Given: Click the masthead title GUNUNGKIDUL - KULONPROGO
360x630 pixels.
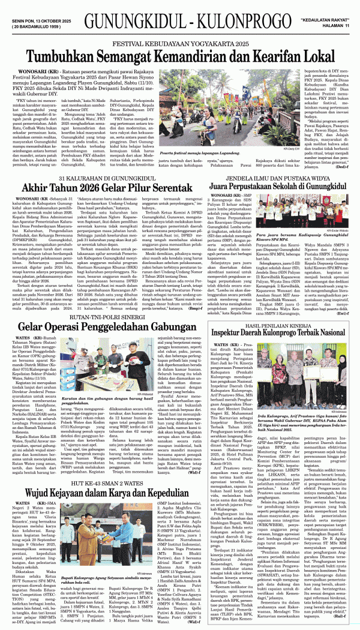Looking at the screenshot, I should [179, 13].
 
